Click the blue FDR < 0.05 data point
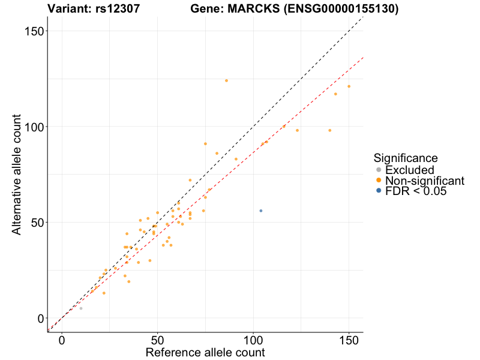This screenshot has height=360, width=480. coord(261,211)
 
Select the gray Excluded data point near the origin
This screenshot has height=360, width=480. coord(81,308)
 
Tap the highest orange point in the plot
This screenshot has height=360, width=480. coord(226,80)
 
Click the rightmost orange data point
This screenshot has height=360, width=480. coord(349,86)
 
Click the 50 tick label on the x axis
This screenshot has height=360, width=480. coord(157,339)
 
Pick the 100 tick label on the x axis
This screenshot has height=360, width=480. coord(253,339)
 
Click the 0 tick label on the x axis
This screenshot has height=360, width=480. coord(62,339)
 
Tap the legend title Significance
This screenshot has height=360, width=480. coord(405,158)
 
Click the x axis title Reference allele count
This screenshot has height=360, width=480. coord(205,352)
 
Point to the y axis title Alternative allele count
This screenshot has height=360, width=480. coord(16,174)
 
